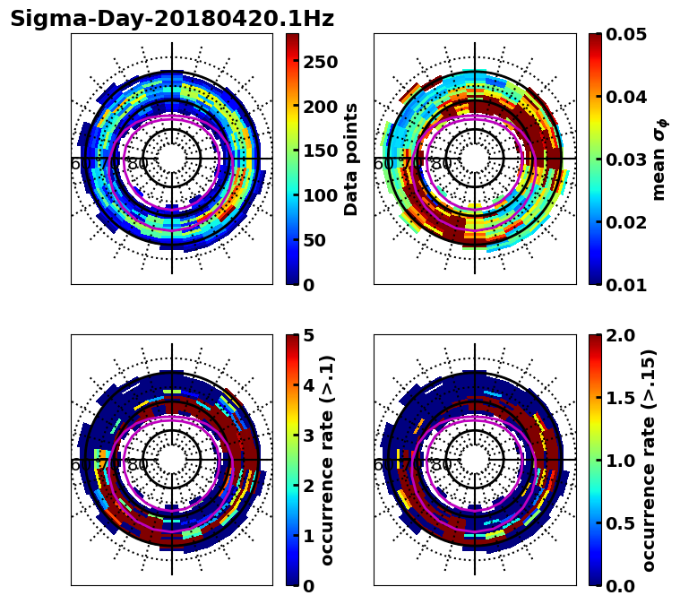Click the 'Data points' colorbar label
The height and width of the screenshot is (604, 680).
click(351, 160)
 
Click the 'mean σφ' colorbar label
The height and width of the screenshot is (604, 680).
click(659, 160)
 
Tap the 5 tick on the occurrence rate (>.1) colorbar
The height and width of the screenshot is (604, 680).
click(308, 336)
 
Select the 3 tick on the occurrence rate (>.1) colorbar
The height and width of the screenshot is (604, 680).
click(308, 436)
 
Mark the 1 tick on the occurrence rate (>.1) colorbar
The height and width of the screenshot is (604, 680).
click(308, 536)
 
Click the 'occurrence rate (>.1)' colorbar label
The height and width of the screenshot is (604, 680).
click(328, 461)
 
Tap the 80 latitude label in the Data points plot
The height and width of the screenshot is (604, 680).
click(138, 164)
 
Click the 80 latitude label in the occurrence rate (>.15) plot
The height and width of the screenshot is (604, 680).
click(441, 465)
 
